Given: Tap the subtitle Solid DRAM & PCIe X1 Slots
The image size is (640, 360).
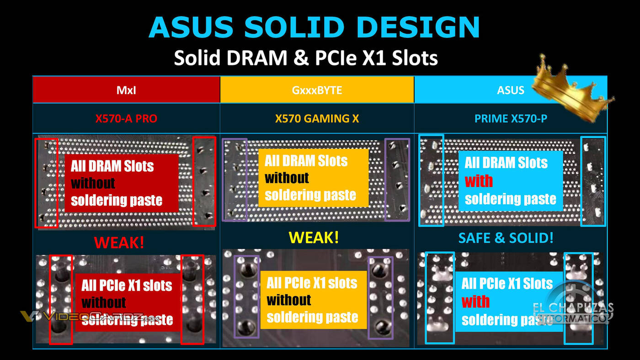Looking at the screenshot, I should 306,58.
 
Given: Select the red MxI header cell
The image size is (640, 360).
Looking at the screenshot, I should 126,90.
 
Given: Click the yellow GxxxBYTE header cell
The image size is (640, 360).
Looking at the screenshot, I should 317,90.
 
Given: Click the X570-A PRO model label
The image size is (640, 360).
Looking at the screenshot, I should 126,119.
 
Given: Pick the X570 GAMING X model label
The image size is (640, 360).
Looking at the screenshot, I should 317,119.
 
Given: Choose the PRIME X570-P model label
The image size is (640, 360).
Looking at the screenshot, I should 511,119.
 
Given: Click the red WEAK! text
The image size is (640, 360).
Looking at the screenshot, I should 119,242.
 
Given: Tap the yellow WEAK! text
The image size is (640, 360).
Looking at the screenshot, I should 314,238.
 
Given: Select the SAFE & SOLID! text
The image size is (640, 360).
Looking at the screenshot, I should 506,238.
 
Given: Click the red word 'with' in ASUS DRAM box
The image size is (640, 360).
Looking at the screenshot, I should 479,181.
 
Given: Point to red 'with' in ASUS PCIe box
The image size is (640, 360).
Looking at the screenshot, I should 475,302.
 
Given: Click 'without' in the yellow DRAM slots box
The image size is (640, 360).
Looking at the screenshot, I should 287,178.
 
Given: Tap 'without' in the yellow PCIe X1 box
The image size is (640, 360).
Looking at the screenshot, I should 288,300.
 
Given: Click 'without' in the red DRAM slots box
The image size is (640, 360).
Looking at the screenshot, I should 93,183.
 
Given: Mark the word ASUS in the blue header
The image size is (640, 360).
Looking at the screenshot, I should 511,90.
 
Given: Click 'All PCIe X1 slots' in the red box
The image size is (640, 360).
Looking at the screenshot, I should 127,286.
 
